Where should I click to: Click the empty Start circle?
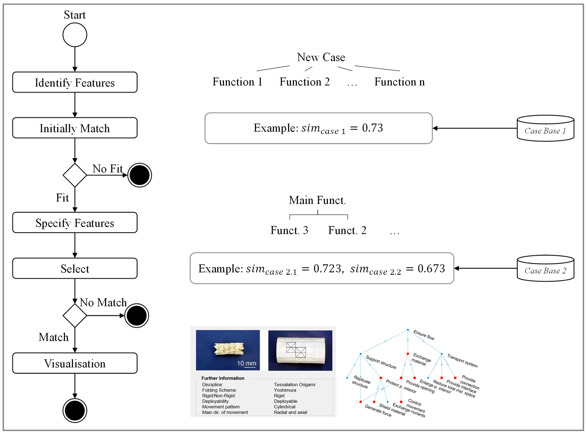click(x=75, y=35)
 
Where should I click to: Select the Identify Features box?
click(x=75, y=82)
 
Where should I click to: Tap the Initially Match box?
click(x=75, y=128)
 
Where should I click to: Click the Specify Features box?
click(x=75, y=223)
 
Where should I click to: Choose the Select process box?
click(x=75, y=268)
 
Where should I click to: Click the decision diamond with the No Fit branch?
click(x=75, y=175)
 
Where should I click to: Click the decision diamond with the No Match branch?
click(x=75, y=315)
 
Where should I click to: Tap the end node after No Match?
click(x=136, y=315)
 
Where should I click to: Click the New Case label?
click(x=321, y=57)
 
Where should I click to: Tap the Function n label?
click(x=399, y=82)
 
